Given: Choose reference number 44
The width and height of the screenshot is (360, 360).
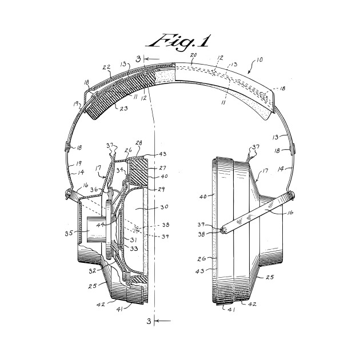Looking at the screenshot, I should point(101,224).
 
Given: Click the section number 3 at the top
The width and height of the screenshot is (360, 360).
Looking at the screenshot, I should point(138,58).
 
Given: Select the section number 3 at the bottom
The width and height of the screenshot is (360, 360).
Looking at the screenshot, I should point(149,322).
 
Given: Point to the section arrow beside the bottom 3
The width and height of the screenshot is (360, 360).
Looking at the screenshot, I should point(162,321).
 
